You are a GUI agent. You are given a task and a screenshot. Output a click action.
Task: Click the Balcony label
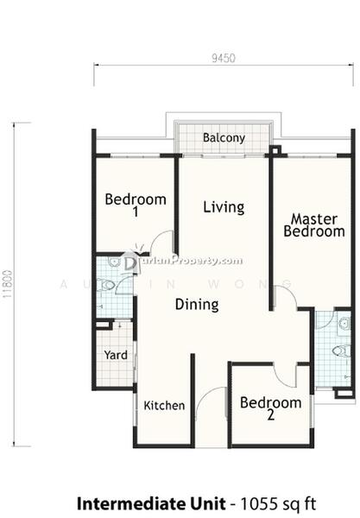pyautogui.click(x=224, y=138)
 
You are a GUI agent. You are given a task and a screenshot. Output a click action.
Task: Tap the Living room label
pyautogui.click(x=224, y=207)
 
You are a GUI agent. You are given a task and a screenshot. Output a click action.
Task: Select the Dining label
pyautogui.click(x=197, y=304)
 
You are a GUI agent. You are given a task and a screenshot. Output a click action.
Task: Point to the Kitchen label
pyautogui.click(x=164, y=406)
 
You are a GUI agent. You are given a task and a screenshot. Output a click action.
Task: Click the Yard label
pyautogui.click(x=116, y=355)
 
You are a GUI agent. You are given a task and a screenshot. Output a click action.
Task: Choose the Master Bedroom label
pyautogui.click(x=314, y=225)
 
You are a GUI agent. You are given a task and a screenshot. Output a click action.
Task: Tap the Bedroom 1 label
pyautogui.click(x=136, y=205)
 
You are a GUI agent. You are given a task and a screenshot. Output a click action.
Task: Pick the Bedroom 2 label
pyautogui.click(x=270, y=408)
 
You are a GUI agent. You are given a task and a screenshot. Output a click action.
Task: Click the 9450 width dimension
pyautogui.click(x=224, y=58)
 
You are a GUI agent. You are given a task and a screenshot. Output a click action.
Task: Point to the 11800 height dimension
pyautogui.click(x=7, y=283)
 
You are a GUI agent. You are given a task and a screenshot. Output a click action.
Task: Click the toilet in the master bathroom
pyautogui.click(x=341, y=351)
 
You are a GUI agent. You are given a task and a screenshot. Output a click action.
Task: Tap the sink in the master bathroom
pyautogui.click(x=344, y=324)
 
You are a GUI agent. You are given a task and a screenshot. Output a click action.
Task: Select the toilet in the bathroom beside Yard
pyautogui.click(x=105, y=285)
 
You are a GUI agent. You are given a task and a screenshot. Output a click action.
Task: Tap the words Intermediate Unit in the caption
pyautogui.click(x=151, y=504)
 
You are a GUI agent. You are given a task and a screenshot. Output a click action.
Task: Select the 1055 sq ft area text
pyautogui.click(x=278, y=504)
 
